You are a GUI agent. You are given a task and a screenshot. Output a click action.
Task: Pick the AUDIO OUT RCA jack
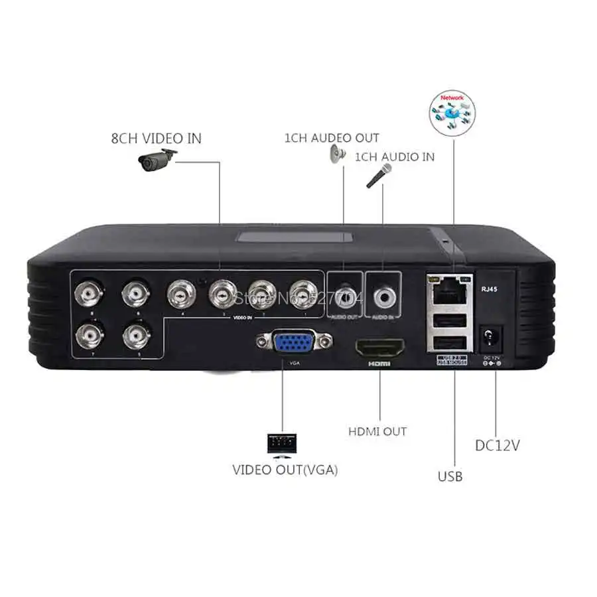tap(345, 294)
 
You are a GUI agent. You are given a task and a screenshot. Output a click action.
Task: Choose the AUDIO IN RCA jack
tap(383, 295)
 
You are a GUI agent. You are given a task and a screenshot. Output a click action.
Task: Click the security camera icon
tap(158, 160)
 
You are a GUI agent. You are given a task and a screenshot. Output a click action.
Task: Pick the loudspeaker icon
tap(336, 155)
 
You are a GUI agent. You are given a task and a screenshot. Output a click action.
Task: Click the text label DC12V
tap(497, 445)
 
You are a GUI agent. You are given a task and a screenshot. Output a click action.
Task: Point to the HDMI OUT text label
tap(377, 432)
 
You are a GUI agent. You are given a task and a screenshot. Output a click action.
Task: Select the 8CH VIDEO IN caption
tap(156, 139)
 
